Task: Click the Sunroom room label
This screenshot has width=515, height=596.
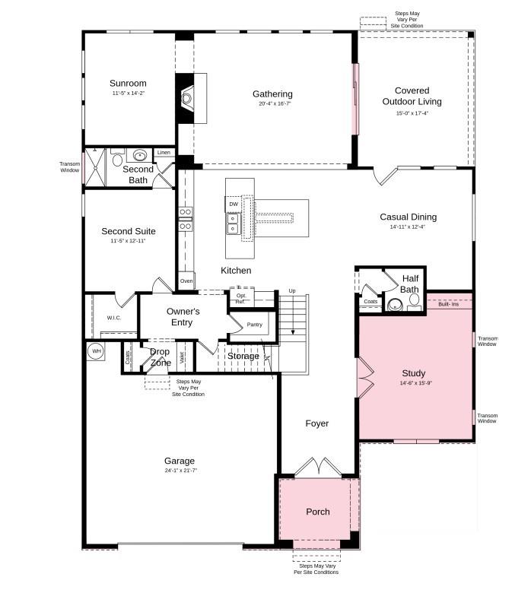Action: (127, 84)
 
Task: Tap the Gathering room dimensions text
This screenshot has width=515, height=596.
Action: (272, 104)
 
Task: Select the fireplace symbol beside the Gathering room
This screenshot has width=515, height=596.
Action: (187, 97)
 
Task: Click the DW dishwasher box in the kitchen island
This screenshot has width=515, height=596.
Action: (234, 204)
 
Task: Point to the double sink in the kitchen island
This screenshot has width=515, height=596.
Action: (233, 223)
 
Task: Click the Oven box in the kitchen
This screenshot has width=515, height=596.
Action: (186, 281)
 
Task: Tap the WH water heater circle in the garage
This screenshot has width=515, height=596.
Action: (96, 351)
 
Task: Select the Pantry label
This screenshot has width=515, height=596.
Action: (254, 325)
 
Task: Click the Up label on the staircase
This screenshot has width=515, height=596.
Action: (292, 291)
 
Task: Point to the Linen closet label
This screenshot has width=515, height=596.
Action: (164, 153)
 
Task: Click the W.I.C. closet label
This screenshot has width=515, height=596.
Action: (114, 318)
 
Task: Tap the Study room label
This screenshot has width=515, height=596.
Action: (413, 373)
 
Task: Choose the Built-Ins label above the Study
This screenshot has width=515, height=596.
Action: (449, 305)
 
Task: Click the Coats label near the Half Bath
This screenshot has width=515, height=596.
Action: (370, 302)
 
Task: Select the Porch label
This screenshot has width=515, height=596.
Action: (317, 512)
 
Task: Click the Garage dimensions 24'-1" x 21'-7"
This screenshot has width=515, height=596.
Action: (180, 471)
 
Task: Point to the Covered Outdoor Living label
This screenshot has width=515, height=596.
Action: (412, 96)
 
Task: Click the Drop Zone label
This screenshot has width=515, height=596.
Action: (160, 357)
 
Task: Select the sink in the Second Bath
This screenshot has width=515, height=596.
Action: (140, 156)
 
